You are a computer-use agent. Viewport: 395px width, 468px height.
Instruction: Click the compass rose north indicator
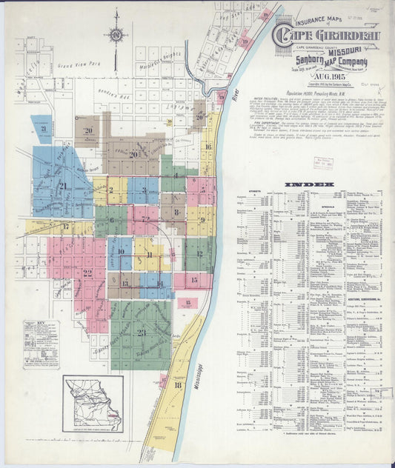115,33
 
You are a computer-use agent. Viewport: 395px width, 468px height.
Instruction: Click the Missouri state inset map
93,404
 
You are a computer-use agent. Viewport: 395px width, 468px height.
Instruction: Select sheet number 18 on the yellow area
178,385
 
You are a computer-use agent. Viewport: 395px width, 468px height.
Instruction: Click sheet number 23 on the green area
142,333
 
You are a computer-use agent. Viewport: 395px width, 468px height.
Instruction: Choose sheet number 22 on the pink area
87,273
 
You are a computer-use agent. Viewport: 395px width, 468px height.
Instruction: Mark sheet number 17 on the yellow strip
65,227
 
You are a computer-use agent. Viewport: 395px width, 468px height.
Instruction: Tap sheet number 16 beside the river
209,147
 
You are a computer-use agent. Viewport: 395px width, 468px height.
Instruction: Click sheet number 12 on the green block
199,253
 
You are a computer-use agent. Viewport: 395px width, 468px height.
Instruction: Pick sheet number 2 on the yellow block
113,190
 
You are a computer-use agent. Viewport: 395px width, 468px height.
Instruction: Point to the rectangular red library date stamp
322,164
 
